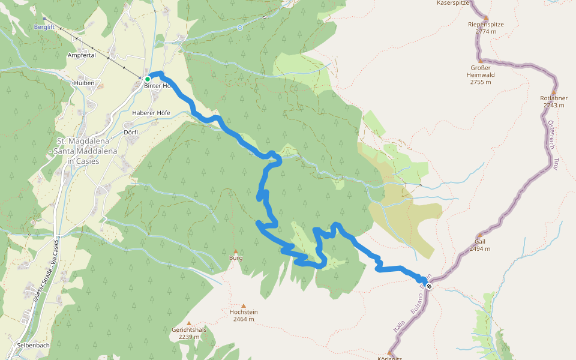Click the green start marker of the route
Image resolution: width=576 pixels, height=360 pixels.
point(147,79)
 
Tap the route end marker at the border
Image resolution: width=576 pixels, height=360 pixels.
point(428,285)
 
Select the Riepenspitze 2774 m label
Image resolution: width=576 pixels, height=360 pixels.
point(485,28)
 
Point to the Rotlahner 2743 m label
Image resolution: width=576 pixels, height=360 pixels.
point(553,101)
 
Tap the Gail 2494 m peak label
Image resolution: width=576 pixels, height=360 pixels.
point(479,245)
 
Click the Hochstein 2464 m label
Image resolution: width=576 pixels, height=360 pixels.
point(243,315)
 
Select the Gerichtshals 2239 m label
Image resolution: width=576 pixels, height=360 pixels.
point(188,333)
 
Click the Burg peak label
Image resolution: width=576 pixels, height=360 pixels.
point(236,258)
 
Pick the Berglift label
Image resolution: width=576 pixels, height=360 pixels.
point(45,28)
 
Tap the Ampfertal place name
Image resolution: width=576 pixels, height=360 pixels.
point(82,55)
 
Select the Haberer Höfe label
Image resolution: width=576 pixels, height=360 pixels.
point(151,113)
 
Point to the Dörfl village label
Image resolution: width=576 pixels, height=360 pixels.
point(131,132)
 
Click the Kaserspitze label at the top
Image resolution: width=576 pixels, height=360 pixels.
point(454,3)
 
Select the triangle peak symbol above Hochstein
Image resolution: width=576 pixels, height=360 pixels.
point(243,305)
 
